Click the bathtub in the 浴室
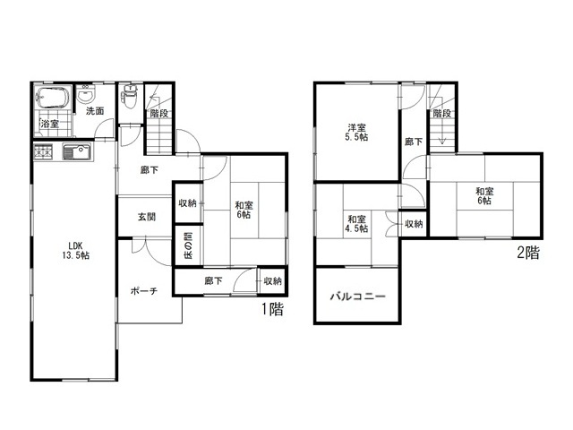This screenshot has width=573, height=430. (54, 98)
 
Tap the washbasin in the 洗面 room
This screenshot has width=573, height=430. (86, 95)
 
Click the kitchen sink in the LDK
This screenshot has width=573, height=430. (76, 151)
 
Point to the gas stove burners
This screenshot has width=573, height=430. (44, 151)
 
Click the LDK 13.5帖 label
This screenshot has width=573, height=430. (75, 251)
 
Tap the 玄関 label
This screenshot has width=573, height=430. (147, 217)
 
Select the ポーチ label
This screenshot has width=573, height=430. (144, 291)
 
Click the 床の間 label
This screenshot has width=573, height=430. (188, 245)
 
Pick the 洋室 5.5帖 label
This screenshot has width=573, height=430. (356, 133)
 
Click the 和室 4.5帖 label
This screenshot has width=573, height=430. (356, 224)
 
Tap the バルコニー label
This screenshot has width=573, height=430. (358, 296)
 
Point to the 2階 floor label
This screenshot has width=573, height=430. (528, 253)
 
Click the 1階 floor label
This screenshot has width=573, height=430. (272, 309)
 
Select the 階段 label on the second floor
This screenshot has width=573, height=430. (442, 114)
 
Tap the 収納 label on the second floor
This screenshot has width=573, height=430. (414, 224)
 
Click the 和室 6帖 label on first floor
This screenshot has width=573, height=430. (244, 210)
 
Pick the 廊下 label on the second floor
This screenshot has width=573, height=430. (414, 142)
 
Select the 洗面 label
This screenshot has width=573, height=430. (95, 111)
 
